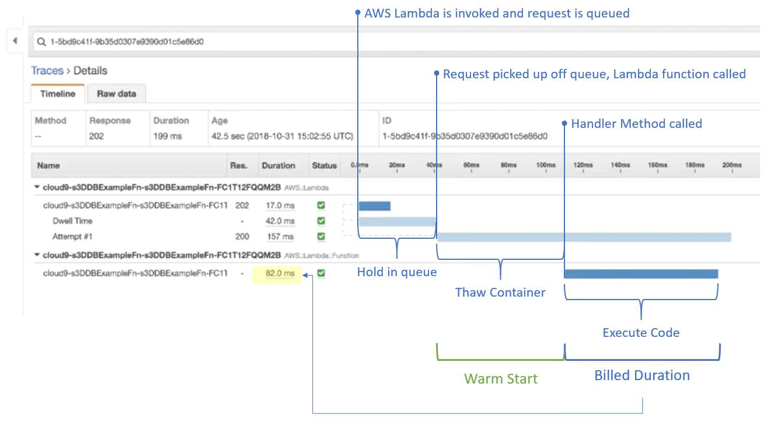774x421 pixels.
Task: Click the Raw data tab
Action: point(116,93)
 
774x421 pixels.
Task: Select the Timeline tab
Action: point(58,93)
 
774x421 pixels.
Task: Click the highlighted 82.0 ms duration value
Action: point(280,273)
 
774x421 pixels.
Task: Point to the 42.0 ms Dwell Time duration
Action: point(280,221)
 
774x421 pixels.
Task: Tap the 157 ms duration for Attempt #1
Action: point(280,236)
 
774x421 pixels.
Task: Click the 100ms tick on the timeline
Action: point(546,166)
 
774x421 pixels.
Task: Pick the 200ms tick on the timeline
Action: point(731,166)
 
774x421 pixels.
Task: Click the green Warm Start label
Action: point(500,378)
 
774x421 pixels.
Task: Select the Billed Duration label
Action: point(642,375)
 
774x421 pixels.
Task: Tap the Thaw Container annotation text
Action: point(500,293)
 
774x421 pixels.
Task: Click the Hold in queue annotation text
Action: point(397,272)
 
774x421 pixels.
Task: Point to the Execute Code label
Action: point(641,333)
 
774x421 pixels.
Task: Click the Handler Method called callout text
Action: point(636,124)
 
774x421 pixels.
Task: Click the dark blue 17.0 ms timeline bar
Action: point(374,206)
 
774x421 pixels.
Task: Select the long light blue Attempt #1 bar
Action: point(584,236)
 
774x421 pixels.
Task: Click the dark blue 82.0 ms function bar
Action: point(641,273)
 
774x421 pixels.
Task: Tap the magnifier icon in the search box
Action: point(41,42)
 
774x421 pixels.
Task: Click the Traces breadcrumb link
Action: point(47,71)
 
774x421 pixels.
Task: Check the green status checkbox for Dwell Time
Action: point(321,221)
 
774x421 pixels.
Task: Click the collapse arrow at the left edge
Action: point(15,41)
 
